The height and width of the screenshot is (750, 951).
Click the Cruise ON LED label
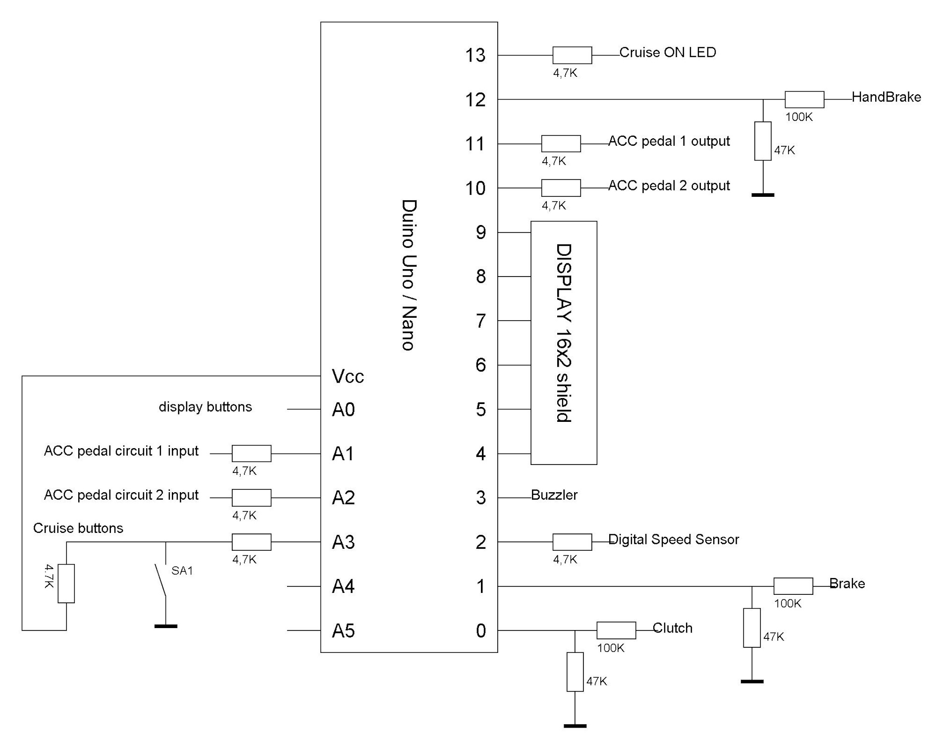tap(667, 53)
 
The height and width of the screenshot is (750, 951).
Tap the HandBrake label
tap(886, 97)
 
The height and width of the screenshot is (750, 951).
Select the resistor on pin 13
tap(572, 56)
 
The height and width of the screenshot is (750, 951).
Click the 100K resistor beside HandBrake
tap(804, 100)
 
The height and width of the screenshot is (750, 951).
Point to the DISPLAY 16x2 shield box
tap(564, 343)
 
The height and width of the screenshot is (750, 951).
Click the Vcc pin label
tap(348, 377)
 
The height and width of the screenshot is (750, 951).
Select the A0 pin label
tap(343, 410)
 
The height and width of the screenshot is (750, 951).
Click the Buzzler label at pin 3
tap(554, 495)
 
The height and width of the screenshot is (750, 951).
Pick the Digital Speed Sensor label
tap(673, 539)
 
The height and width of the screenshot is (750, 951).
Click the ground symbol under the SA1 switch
tap(165, 626)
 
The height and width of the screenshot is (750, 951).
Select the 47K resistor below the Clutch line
tap(575, 672)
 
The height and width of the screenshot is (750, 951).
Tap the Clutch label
tap(672, 628)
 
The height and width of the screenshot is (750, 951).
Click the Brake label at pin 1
tap(847, 583)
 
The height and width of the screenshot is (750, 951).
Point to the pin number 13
tap(475, 56)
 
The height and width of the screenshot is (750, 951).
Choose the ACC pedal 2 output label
tap(669, 186)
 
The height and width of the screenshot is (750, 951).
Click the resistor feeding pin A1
tap(251, 454)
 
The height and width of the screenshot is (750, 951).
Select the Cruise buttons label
tap(78, 528)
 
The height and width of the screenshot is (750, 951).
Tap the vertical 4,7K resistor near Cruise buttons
tap(66, 583)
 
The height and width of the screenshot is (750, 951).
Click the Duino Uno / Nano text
tap(408, 275)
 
